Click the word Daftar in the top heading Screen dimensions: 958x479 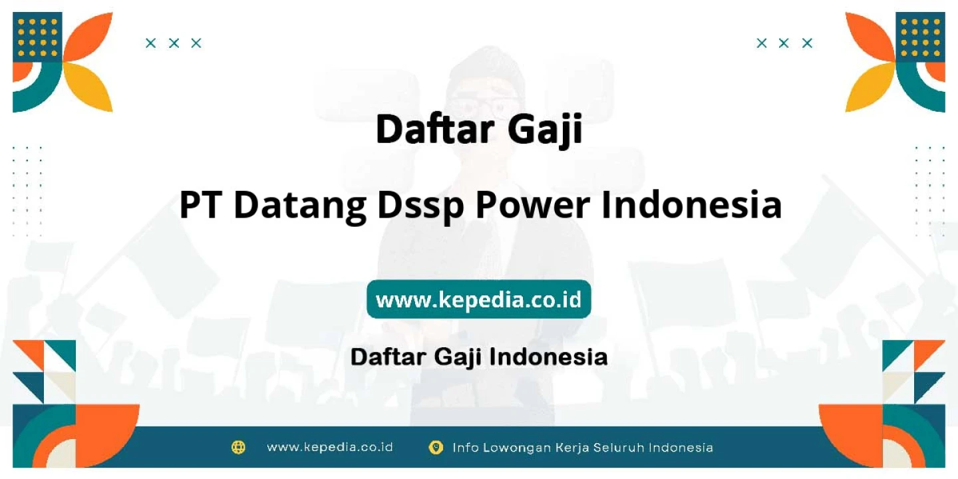point(435,129)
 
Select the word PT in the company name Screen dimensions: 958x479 point(200,205)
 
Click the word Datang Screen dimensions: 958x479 point(300,207)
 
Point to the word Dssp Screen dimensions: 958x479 point(421,207)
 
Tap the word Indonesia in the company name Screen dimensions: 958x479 point(692,204)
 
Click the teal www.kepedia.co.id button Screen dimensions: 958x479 point(478,299)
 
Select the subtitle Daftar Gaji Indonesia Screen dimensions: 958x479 point(478,357)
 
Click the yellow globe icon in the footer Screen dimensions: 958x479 point(238,447)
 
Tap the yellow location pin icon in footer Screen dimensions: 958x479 point(435,447)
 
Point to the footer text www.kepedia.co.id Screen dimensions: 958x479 point(330,447)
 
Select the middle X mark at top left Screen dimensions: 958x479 point(174,43)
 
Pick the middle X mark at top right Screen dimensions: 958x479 point(784,43)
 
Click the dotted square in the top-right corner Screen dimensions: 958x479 point(920,37)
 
